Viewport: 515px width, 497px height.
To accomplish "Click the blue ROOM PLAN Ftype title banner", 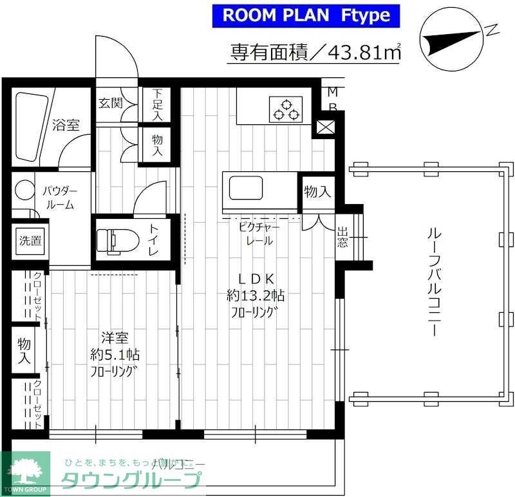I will point(306,15).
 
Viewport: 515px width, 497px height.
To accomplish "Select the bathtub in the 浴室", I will point(30,126).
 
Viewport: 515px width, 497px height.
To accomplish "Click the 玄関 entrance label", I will point(110,103).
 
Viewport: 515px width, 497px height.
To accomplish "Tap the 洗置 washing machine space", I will point(28,241).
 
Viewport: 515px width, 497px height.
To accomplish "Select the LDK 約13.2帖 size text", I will point(256,295).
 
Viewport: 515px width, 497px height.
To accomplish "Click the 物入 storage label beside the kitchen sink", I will point(317,191).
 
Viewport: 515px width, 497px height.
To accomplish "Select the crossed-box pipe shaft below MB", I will point(326,127).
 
